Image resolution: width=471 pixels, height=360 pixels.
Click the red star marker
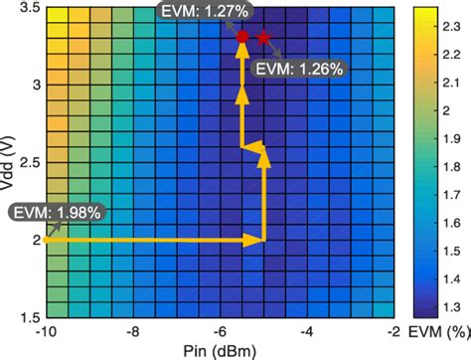point(263,38)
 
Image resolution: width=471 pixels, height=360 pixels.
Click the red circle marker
point(241,37)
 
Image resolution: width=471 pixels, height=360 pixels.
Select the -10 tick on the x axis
point(45,329)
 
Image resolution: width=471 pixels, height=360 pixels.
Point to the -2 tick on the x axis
point(395,329)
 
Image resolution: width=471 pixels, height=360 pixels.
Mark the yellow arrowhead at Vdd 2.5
point(263,151)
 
